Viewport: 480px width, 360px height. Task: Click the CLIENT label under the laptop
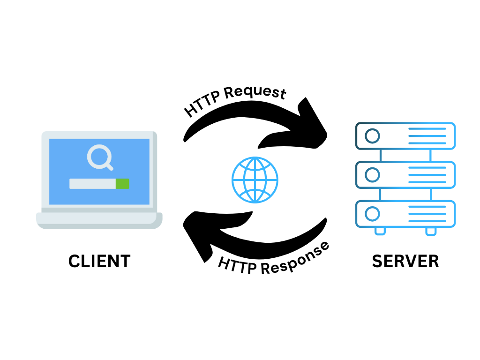99,261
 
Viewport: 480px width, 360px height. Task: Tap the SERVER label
405,261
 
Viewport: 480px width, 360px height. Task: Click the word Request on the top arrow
255,94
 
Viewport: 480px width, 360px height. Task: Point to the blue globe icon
255,180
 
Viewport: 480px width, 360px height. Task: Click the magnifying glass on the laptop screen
99,157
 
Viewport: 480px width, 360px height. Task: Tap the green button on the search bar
122,184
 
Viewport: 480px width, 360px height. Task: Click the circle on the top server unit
372,136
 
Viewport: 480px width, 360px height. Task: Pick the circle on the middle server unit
372,175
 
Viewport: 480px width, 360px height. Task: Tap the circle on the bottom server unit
372,214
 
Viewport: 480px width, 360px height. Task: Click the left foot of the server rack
380,231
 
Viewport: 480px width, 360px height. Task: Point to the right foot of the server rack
431,231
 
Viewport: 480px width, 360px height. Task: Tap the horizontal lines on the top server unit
427,136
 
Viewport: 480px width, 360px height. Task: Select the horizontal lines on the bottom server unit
427,214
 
